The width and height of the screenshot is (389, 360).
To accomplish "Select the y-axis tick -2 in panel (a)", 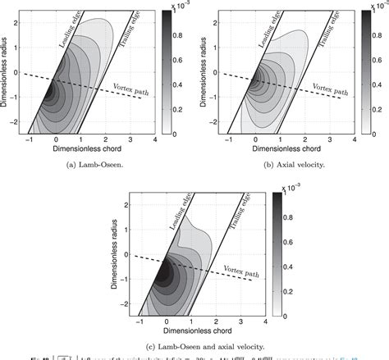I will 21,120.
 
